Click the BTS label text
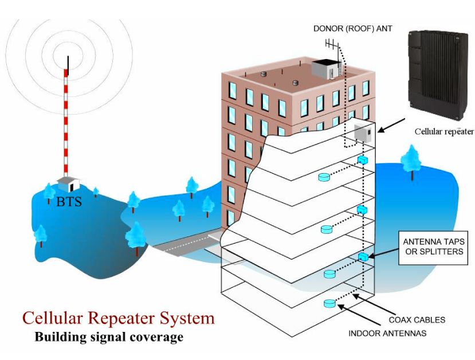pyautogui.click(x=69, y=202)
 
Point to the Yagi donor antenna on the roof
pyautogui.click(x=332, y=44)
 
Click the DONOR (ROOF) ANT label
pyautogui.click(x=352, y=28)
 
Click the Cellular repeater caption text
pyautogui.click(x=444, y=132)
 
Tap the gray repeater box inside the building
pyautogui.click(x=363, y=134)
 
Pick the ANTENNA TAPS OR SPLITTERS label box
pyautogui.click(x=433, y=246)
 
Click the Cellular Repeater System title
pyautogui.click(x=118, y=318)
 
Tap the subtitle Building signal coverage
pyautogui.click(x=109, y=336)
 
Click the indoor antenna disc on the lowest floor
pyautogui.click(x=329, y=303)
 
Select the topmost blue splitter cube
pyautogui.click(x=362, y=160)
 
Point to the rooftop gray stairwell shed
pyautogui.click(x=325, y=69)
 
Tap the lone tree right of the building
pyautogui.click(x=411, y=161)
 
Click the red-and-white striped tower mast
pyautogui.click(x=68, y=120)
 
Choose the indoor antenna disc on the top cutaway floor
pyautogui.click(x=324, y=177)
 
